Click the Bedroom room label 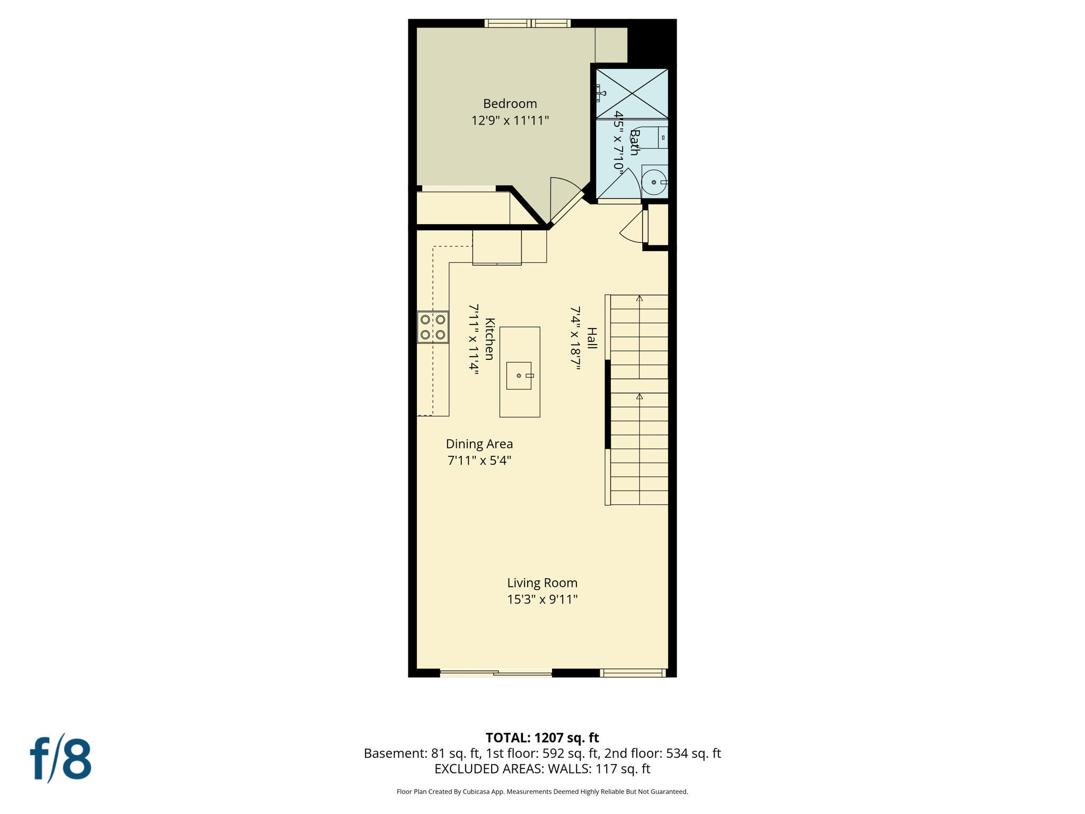(510, 104)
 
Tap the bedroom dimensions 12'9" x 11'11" (510, 121)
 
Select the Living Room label (542, 583)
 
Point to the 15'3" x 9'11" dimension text (542, 599)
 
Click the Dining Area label (479, 444)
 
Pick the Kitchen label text (490, 339)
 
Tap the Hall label (592, 338)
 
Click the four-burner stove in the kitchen (433, 327)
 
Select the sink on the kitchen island (519, 376)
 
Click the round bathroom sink (654, 182)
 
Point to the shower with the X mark (632, 94)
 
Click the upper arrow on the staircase (639, 298)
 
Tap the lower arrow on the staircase (639, 396)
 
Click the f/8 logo (60, 759)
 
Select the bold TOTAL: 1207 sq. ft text (542, 738)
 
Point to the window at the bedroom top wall (528, 23)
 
